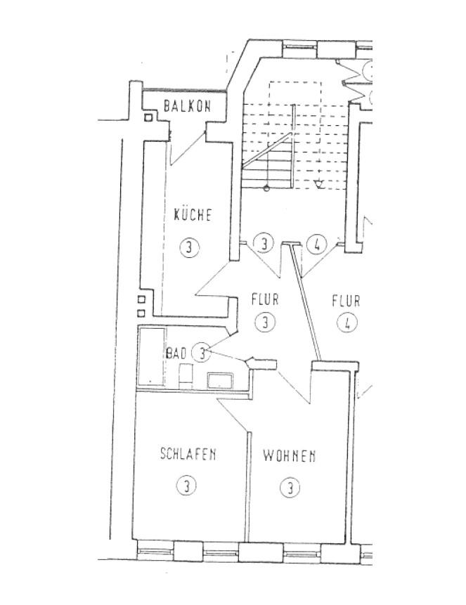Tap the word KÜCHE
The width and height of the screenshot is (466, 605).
[x=192, y=216]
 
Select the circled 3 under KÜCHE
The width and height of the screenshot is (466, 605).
[x=188, y=247]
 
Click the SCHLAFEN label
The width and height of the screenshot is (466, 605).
[x=188, y=453]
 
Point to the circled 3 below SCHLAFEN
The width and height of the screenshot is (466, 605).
[x=186, y=485]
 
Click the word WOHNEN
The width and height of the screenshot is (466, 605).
[x=289, y=456]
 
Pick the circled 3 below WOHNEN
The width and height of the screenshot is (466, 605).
[x=290, y=487]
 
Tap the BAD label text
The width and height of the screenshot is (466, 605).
[x=176, y=353]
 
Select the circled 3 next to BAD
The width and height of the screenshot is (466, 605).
[x=202, y=353]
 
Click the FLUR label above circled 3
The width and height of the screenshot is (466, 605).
[x=265, y=300]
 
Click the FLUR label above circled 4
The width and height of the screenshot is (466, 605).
[x=346, y=301]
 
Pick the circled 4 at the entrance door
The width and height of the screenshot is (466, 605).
[x=318, y=244]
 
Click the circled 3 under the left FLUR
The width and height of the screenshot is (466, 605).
[x=265, y=323]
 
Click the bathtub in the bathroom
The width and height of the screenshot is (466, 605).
[x=151, y=356]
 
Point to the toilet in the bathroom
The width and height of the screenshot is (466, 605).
[x=186, y=376]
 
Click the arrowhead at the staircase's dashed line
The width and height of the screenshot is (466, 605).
[x=319, y=186]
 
